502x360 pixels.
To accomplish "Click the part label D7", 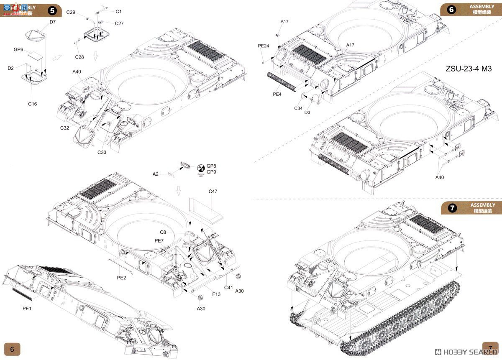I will click(x=52, y=22).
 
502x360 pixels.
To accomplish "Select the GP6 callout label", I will click(x=18, y=49).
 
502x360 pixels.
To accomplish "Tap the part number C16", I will click(x=32, y=104).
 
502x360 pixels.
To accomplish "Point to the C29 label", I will click(x=71, y=13).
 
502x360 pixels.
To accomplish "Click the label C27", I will click(x=119, y=23).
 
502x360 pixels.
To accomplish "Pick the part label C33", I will click(x=102, y=152).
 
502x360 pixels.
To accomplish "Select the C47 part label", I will click(x=213, y=191).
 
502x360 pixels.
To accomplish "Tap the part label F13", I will click(x=216, y=294).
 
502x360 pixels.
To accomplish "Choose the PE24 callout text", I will click(x=263, y=46).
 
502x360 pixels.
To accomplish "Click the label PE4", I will click(x=277, y=94).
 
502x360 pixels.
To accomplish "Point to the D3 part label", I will click(x=307, y=112).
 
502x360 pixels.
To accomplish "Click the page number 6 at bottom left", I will click(x=12, y=349).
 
